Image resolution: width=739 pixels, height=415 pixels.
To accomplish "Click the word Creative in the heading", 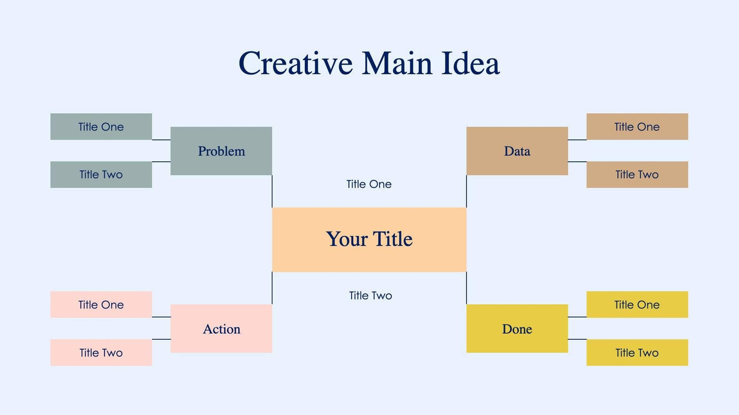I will click(296, 64).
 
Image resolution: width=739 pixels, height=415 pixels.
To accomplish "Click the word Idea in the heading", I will click(470, 64).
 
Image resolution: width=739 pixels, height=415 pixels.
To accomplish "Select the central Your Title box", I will click(369, 240).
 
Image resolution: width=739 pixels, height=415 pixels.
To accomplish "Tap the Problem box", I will click(221, 151).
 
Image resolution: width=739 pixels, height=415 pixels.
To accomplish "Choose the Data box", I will click(517, 151).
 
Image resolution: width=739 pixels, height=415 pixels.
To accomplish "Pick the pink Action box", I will click(221, 329).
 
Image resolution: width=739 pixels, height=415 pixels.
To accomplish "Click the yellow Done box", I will click(517, 329).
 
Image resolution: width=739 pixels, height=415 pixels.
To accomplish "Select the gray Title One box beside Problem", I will click(101, 127).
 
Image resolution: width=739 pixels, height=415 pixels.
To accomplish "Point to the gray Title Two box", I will click(101, 175).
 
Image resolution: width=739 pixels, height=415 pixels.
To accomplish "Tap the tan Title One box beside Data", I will click(637, 127).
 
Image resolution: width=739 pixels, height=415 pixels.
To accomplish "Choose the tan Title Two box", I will click(637, 175).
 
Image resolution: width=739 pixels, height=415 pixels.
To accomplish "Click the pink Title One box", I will click(101, 305).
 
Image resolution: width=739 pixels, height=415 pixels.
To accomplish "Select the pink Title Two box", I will click(101, 353).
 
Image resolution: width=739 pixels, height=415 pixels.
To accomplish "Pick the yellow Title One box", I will click(637, 305).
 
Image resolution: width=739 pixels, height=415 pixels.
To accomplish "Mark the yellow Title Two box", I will click(637, 353).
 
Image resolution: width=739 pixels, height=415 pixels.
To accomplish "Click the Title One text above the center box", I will click(369, 185).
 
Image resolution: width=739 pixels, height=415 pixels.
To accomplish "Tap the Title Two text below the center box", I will click(371, 296).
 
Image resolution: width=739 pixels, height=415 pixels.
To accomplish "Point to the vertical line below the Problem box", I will click(272, 191).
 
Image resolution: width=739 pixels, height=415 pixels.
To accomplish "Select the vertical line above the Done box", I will click(466, 288).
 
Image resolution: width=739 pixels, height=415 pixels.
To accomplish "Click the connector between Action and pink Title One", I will click(161, 317).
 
